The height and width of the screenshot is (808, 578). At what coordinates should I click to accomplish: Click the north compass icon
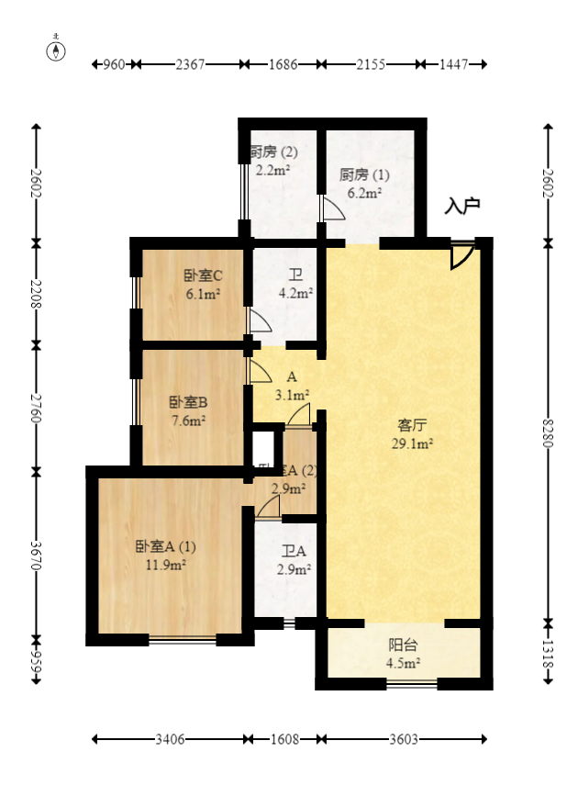point(56,50)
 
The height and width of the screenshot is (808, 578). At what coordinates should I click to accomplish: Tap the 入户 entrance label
point(462,206)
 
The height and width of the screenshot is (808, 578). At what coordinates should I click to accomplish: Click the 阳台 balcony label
point(405,645)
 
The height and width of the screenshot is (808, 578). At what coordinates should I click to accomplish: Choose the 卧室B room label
point(188,402)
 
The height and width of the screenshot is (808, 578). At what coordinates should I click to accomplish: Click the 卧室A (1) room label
point(166,546)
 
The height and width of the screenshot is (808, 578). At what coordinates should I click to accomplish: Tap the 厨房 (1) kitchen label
point(364,174)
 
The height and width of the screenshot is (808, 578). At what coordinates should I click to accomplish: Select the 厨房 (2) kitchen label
point(274,151)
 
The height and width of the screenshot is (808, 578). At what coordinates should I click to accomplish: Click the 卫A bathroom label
point(295,551)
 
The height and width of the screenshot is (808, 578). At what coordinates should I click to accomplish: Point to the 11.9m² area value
point(166,565)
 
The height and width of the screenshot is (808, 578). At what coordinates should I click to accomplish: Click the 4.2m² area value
point(296,294)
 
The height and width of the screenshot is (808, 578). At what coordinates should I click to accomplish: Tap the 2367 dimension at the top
point(190,64)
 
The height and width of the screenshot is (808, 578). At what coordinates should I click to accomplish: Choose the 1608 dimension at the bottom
point(284,739)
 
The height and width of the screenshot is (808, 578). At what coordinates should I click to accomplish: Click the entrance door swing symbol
point(461,256)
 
